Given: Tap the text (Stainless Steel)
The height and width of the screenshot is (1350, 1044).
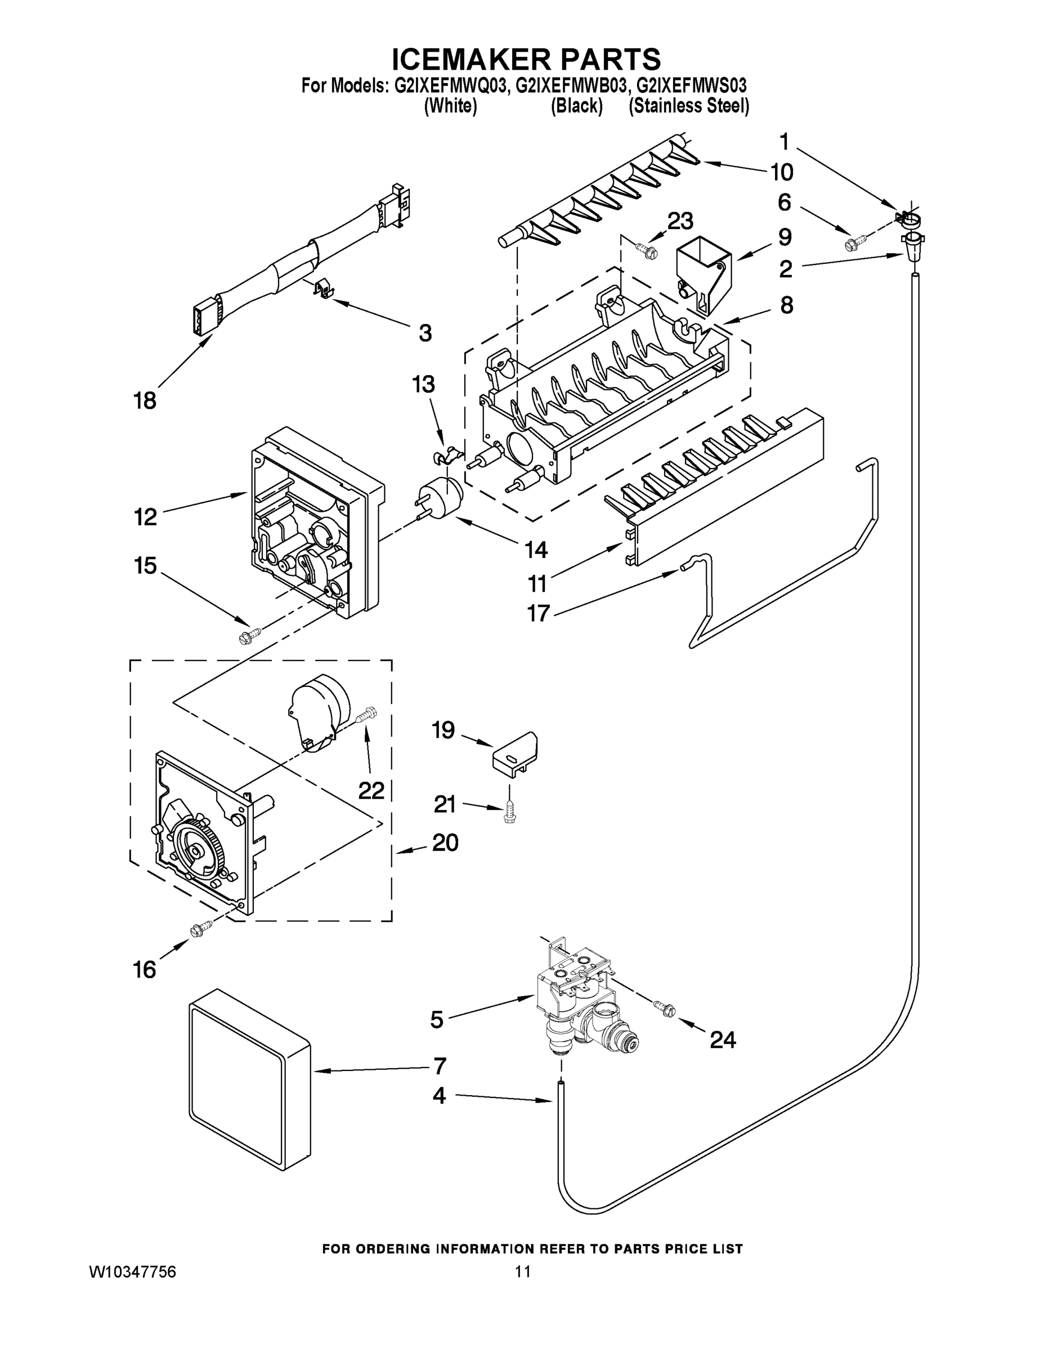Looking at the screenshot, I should click(688, 106).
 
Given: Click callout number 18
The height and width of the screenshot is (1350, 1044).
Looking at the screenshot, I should click(145, 400).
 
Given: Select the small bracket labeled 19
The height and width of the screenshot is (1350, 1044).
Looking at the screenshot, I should click(515, 750).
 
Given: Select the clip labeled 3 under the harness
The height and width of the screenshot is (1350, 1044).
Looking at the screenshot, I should click(322, 288).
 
